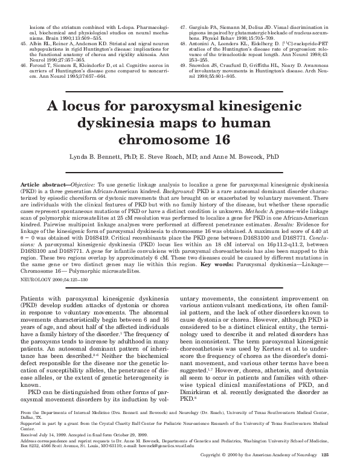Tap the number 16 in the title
click(x=225, y=139)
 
